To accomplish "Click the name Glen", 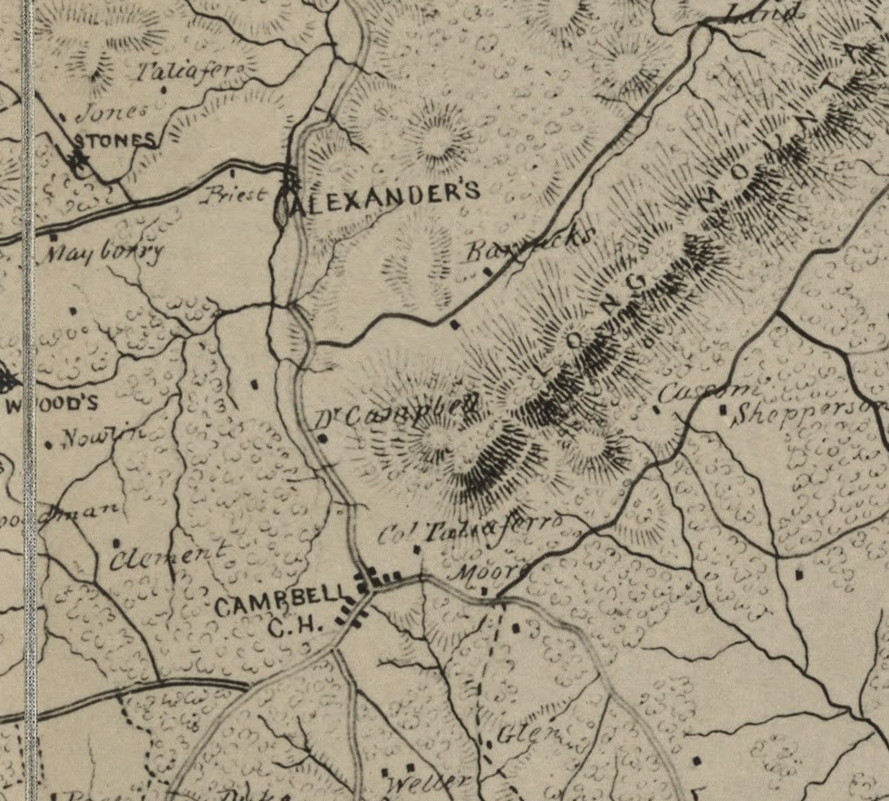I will click(528, 732).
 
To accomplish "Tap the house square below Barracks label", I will click(455, 324).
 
